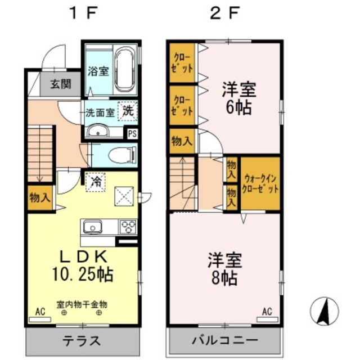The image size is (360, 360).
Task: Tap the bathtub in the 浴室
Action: [x=124, y=70]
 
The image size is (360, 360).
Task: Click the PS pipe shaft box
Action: [x=132, y=134]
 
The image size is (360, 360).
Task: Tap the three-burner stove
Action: [x=128, y=228]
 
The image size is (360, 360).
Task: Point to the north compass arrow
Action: [x=325, y=310]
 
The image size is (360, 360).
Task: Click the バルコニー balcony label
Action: [x=223, y=341]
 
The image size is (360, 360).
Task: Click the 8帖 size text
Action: [x=224, y=277]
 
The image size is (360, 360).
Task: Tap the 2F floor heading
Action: [x=224, y=13]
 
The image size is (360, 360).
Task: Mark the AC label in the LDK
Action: [x=40, y=310]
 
